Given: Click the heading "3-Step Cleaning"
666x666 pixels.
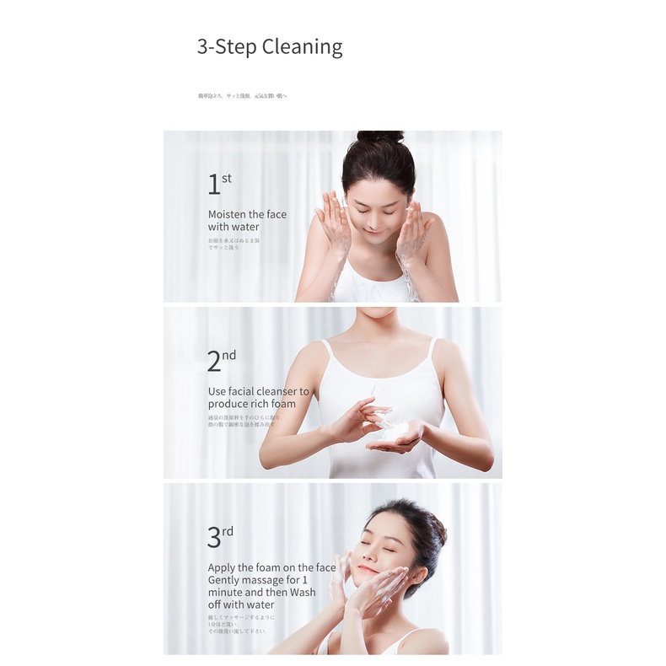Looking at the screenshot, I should (270, 46).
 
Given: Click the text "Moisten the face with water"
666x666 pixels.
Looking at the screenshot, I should (247, 221).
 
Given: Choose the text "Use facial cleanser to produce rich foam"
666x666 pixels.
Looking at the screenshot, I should (259, 398).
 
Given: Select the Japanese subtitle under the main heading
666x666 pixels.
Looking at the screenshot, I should (243, 96).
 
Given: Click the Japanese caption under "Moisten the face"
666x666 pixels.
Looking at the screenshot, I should (234, 244).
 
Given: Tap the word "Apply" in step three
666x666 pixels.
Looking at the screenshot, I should (223, 567).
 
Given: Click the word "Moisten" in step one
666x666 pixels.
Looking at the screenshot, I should (227, 214).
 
